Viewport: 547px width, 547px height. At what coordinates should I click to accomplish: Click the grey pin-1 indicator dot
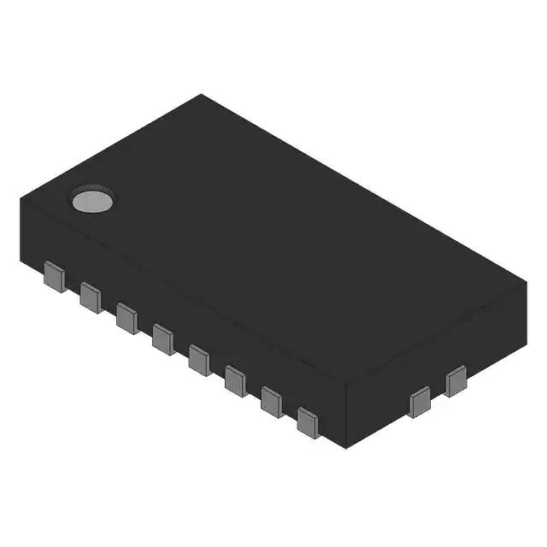point(92,200)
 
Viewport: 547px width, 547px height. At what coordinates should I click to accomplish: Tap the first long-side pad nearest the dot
point(55,278)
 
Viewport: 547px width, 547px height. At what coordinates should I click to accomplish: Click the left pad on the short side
point(420,401)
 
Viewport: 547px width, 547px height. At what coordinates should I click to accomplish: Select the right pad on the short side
point(456,380)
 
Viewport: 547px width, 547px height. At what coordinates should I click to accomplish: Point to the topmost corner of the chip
point(202,95)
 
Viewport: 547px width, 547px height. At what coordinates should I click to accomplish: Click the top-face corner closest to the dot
point(21,199)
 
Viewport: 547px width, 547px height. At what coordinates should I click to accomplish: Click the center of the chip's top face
point(272,241)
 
